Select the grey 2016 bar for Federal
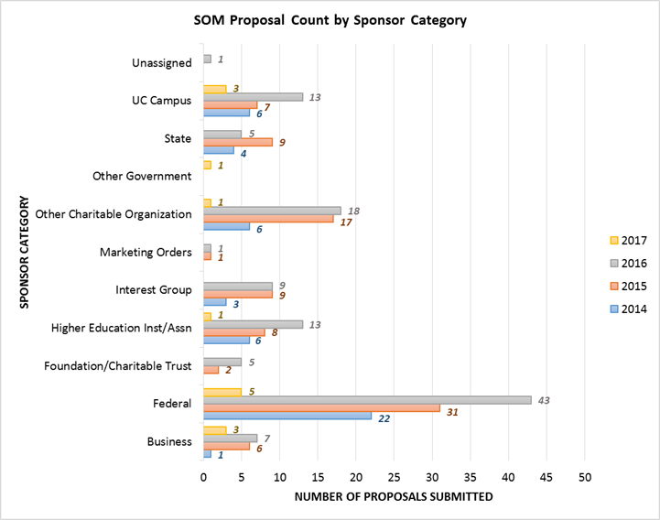click(367, 399)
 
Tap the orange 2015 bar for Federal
click(321, 407)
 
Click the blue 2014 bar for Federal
click(287, 416)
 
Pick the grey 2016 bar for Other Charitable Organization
click(272, 210)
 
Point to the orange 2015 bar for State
click(237, 142)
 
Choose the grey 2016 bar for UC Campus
click(253, 96)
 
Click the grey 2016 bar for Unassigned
click(207, 59)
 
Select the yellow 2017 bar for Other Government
click(207, 165)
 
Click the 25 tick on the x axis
click(394, 477)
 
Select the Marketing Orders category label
click(146, 252)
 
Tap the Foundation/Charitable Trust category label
click(118, 366)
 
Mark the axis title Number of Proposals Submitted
click(394, 497)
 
